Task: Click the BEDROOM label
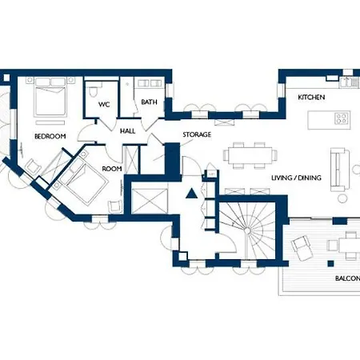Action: pos(50,137)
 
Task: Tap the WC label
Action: pos(104,105)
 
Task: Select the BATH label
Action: pos(149,102)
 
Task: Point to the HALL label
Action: pos(127,131)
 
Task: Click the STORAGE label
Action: pos(197,134)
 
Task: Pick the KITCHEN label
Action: pos(311,97)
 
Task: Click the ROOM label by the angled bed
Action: pos(112,169)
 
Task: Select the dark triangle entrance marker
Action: pos(190,193)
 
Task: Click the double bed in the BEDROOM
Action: pos(50,100)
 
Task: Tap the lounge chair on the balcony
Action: pos(303,247)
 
